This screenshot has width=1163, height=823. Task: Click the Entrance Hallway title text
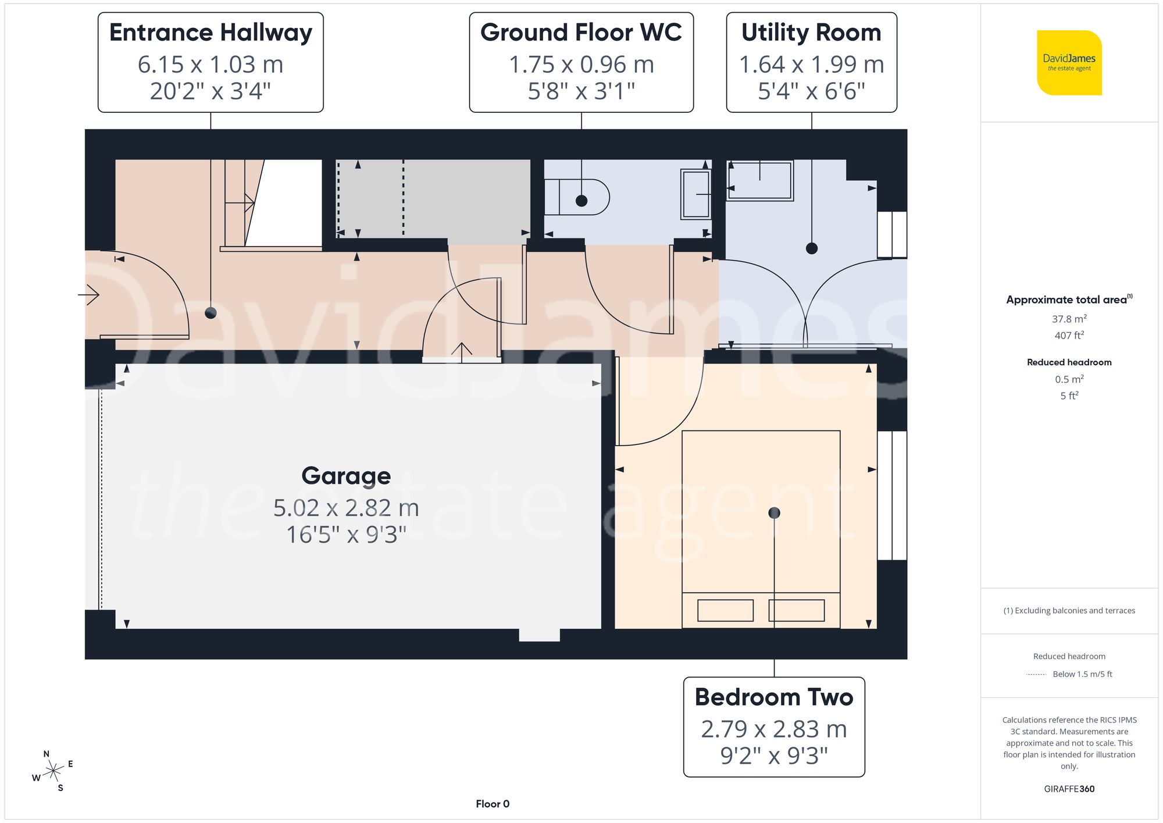click(211, 33)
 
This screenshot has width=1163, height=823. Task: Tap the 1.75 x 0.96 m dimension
click(581, 65)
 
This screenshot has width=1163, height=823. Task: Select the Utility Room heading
click(811, 33)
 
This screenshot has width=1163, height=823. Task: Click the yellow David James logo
click(1069, 63)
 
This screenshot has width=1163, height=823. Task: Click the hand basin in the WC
click(696, 194)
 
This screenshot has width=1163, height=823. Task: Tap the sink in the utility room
click(759, 180)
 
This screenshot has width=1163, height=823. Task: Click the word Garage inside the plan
click(346, 476)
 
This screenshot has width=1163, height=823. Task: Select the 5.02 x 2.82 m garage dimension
click(346, 508)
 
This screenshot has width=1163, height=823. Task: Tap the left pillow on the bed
click(725, 610)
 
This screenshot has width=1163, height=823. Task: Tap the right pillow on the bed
click(796, 610)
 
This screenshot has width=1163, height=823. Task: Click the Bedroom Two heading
click(773, 697)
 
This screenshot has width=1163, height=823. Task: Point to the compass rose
click(53, 771)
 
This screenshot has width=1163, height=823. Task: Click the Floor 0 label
click(492, 804)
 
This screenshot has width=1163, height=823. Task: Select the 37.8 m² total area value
click(1069, 319)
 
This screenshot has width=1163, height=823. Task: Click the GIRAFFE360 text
click(1069, 789)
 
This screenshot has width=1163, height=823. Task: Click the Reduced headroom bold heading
click(1069, 362)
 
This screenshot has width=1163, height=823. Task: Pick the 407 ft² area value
click(1069, 335)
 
